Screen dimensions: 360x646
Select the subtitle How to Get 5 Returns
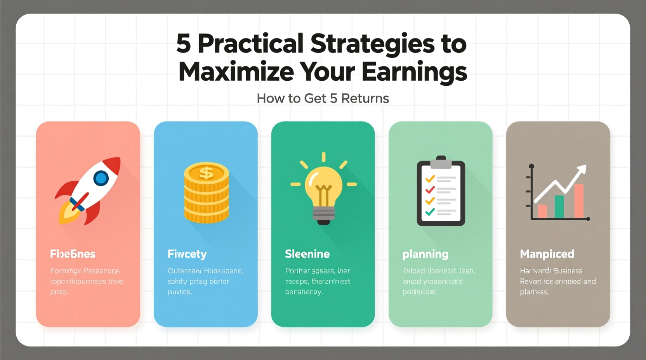click(x=323, y=99)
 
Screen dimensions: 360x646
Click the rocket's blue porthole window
click(x=101, y=178)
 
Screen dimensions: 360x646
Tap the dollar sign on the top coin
click(x=206, y=172)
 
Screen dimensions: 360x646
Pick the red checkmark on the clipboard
click(x=430, y=190)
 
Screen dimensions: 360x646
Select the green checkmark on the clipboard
click(x=430, y=212)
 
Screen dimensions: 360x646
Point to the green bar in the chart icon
click(x=559, y=206)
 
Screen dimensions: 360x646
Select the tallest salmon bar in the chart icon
click(x=579, y=201)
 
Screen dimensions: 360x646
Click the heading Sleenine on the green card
click(x=307, y=254)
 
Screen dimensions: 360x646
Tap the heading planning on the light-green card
click(x=425, y=254)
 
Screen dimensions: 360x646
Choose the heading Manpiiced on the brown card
click(x=547, y=254)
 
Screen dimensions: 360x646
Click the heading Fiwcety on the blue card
click(x=187, y=254)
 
